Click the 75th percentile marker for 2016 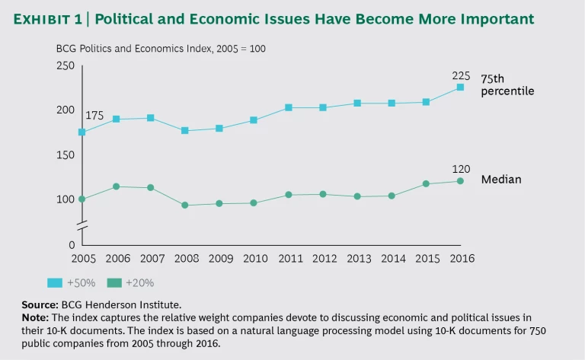[x=460, y=87]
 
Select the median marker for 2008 [x=184, y=205]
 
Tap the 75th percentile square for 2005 [x=82, y=132]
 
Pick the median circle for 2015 [x=426, y=183]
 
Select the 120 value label [x=461, y=169]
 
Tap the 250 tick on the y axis [x=66, y=66]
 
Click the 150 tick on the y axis [x=66, y=155]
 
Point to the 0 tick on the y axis [x=71, y=245]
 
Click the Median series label [x=501, y=180]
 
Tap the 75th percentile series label [x=507, y=84]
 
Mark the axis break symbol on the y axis [x=82, y=225]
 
